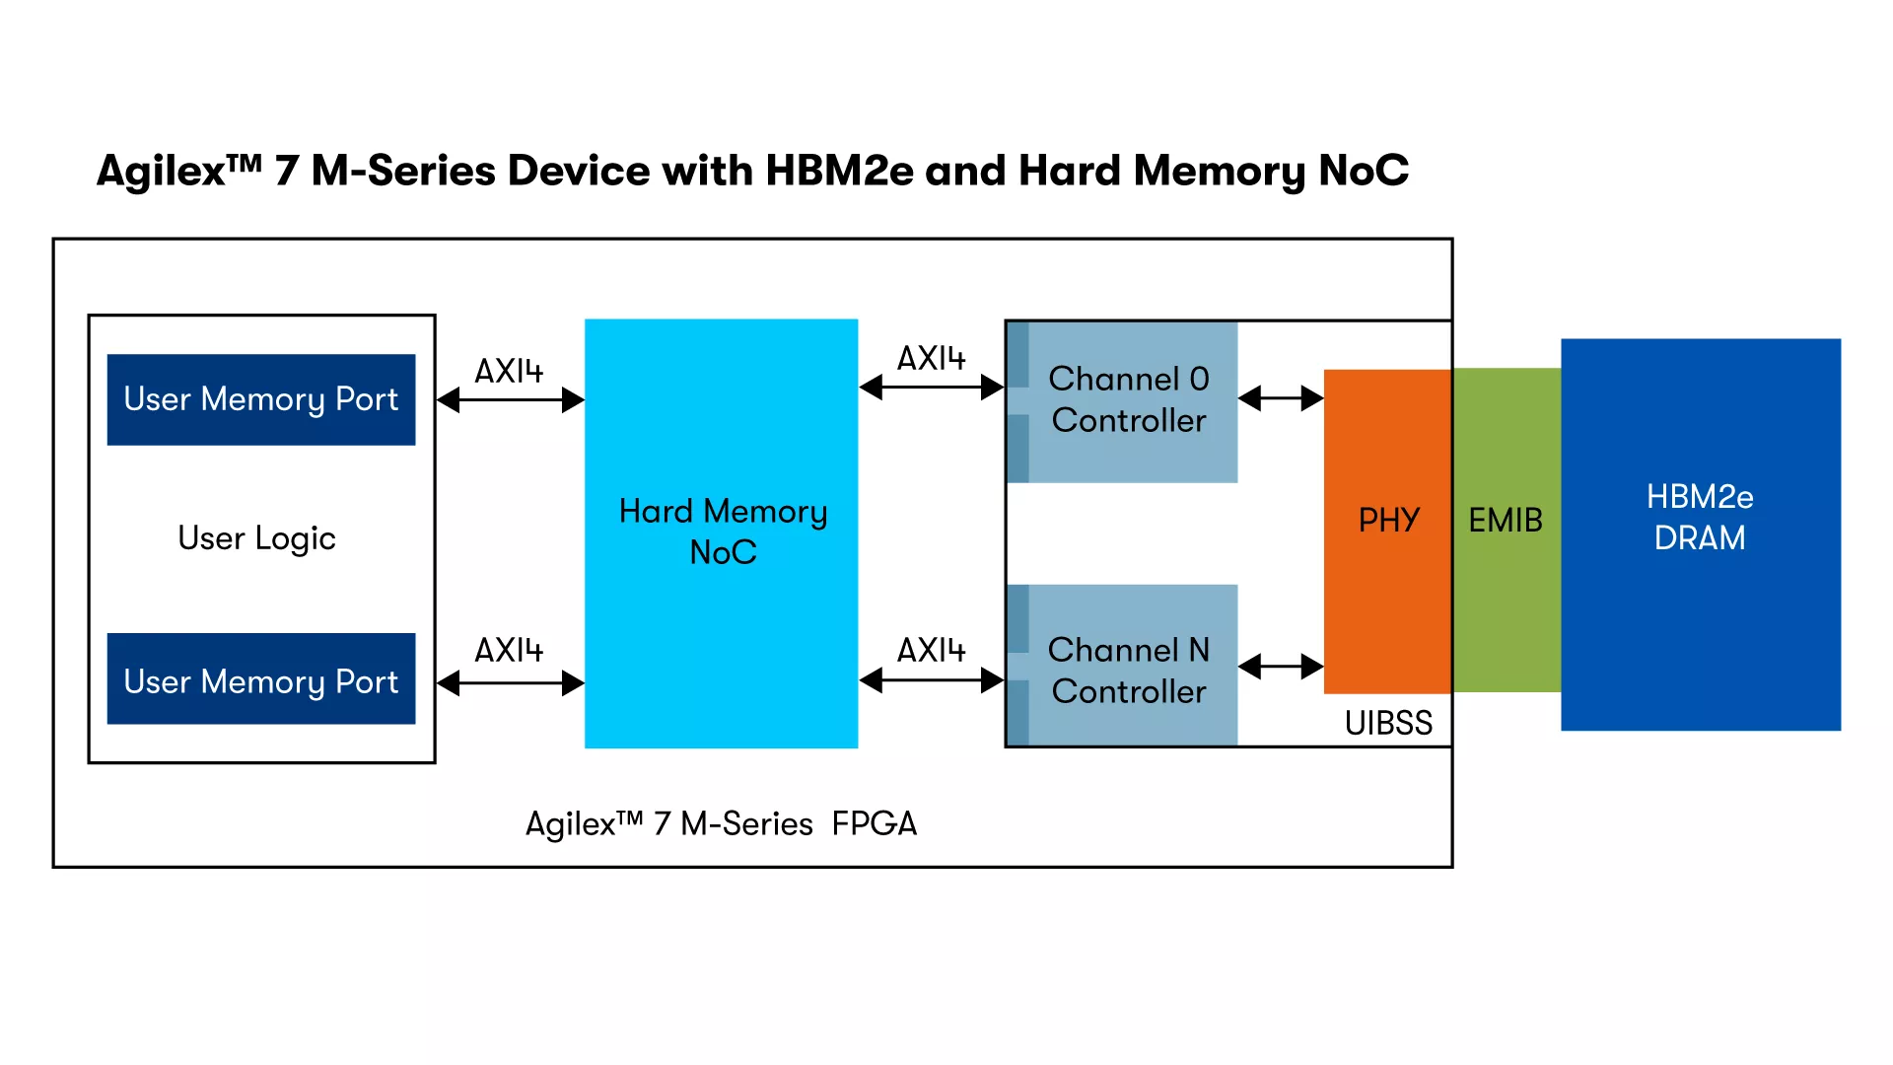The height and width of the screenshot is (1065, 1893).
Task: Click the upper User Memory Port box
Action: pos(261,399)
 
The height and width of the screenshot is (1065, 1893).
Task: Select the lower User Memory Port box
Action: pos(261,678)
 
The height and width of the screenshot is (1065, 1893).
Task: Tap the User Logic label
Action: pos(256,538)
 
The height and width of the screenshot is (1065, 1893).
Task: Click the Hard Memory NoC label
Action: pos(723,532)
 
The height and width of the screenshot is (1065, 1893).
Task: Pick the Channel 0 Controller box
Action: pos(1122,401)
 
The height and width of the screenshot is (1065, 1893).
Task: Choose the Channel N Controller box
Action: pos(1122,665)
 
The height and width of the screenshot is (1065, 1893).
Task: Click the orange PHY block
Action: pos(1387,532)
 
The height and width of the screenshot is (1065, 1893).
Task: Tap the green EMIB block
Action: pos(1507,531)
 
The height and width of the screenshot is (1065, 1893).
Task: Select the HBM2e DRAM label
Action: pos(1700,517)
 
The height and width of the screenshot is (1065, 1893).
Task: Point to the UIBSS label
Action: pos(1388,723)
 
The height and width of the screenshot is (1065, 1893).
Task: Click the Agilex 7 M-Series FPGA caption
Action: pos(721,823)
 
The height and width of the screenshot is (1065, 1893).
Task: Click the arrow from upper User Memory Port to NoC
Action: pos(511,400)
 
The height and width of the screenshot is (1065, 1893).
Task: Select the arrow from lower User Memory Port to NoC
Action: pos(511,682)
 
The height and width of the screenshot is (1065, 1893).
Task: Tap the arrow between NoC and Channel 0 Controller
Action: pos(932,388)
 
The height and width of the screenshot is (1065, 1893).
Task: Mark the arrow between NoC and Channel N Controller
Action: pos(932,679)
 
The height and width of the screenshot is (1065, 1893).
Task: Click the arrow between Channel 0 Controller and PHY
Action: pos(1281,398)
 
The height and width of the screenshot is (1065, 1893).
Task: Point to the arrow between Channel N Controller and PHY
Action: pos(1281,667)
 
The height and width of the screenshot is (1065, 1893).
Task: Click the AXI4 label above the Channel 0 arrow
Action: pos(931,358)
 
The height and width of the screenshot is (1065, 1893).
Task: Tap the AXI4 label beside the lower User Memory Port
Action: pos(509,650)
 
